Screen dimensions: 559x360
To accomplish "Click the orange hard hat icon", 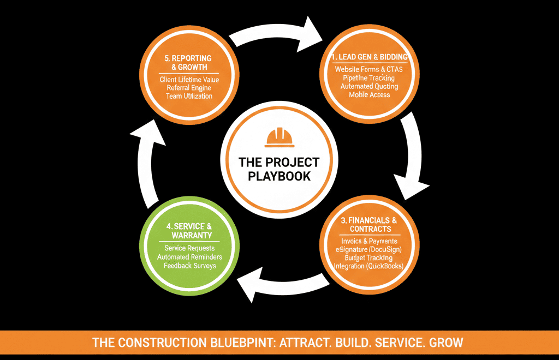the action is coord(279,137).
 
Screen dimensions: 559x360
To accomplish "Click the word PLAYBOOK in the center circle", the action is coord(279,176).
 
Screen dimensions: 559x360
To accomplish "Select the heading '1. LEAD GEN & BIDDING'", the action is coord(370,57).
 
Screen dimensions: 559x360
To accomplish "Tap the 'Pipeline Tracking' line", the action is coord(368,78).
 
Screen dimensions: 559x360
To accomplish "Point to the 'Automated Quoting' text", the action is coord(369,87).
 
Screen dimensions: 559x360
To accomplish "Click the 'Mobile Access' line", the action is coord(370,95).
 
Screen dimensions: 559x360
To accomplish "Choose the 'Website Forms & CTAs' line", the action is coord(368,69).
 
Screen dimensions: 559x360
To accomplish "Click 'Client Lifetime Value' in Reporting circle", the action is coord(189,80).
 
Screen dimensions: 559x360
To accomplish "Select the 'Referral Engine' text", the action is coord(189,88).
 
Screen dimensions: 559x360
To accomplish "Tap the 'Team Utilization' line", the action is coord(189,96).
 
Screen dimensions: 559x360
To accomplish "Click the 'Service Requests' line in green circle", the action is coord(189,248).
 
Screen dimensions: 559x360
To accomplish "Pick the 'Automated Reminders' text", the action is coord(189,257).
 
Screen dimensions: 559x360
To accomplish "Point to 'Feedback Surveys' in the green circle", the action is coord(189,266).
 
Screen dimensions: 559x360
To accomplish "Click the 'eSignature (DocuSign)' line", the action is coord(368,250).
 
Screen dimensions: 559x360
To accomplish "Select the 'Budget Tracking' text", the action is coord(368,258).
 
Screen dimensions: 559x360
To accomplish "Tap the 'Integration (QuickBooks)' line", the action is coord(368,266).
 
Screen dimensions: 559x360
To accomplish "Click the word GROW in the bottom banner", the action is coord(446,343).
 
